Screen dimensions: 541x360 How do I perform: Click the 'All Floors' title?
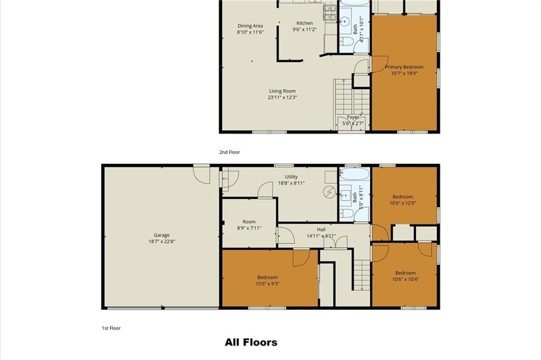251,343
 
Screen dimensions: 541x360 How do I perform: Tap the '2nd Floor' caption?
229,152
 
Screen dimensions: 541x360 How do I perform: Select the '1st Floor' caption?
111,328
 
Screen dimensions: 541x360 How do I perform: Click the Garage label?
162,235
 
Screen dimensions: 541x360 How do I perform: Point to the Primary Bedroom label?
404,67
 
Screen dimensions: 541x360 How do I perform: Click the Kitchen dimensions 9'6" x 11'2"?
304,29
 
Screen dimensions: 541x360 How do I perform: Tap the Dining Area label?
250,26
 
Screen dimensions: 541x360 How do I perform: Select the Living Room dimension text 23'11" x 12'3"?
282,97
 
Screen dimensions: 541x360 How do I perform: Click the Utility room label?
291,177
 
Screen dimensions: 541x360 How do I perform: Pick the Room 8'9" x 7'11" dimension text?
249,228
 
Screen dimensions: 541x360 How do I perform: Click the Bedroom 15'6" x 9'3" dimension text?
267,284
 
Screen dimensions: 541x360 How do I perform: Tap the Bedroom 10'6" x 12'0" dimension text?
403,203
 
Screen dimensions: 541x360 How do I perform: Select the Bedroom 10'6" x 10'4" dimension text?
405,279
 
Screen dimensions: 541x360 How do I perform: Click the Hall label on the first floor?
321,229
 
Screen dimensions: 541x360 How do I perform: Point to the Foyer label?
352,117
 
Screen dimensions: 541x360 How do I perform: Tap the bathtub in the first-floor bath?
354,173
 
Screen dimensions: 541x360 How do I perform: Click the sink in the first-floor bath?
345,196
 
